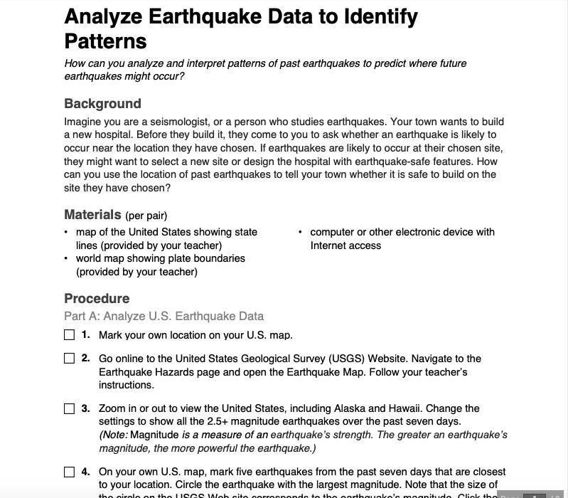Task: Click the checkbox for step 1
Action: (x=69, y=334)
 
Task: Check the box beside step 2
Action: (x=69, y=359)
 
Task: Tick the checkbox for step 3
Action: (x=69, y=408)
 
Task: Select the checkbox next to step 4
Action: (x=69, y=472)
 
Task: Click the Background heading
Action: (x=102, y=103)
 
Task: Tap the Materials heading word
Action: (x=92, y=214)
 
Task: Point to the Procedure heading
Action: (x=97, y=298)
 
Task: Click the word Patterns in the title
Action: (x=105, y=41)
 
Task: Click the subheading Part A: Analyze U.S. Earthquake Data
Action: (x=164, y=316)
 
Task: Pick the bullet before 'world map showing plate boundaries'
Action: (x=66, y=259)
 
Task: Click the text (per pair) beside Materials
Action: (x=146, y=216)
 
